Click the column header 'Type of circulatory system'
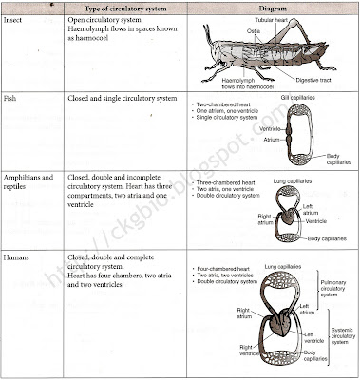118,9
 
